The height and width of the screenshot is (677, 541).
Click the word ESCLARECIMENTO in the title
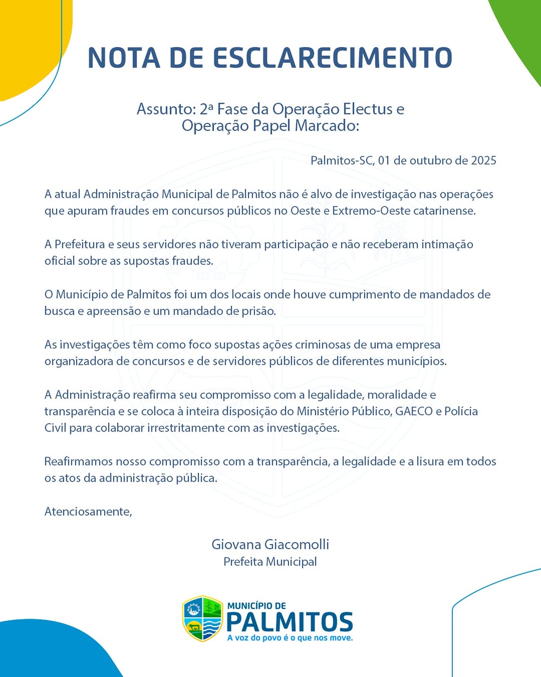point(333,58)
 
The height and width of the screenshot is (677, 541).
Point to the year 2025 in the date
point(483,160)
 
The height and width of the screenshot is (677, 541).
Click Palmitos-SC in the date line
point(342,160)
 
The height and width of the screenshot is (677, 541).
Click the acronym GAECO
point(414,411)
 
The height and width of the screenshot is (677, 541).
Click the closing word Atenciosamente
point(88,512)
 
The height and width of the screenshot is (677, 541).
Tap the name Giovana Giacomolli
point(270,544)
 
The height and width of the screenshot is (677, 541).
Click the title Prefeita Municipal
point(270,562)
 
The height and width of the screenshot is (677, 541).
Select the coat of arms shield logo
point(202,618)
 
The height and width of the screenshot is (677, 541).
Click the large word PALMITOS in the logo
point(290,622)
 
